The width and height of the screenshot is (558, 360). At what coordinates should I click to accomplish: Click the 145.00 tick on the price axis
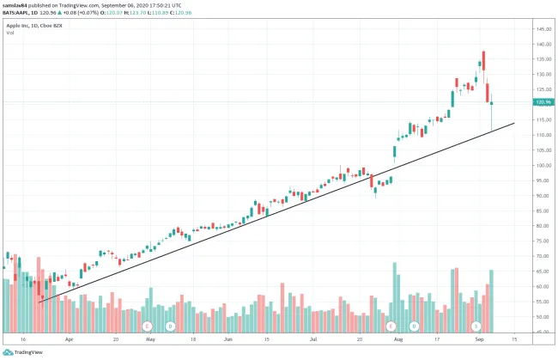coord(543,29)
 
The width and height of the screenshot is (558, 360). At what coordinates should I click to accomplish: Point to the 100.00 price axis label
coord(543,165)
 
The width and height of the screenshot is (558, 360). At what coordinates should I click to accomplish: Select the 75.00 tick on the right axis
coord(542,241)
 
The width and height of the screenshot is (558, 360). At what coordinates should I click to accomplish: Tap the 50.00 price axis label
coord(542,316)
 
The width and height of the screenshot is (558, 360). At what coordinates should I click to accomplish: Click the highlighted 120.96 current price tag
coord(543,102)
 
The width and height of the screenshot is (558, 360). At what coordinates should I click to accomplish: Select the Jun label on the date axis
coord(228,339)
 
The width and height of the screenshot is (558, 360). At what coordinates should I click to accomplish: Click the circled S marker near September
coord(477,326)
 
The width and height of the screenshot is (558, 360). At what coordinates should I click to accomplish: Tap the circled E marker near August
coord(391,326)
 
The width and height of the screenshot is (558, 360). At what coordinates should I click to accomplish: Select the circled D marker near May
coord(171,326)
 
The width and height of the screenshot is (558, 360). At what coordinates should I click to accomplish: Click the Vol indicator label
coord(10,33)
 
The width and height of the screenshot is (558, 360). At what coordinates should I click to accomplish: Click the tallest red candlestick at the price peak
coord(484,60)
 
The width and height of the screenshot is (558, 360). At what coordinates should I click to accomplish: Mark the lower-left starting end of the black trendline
coord(39,302)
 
